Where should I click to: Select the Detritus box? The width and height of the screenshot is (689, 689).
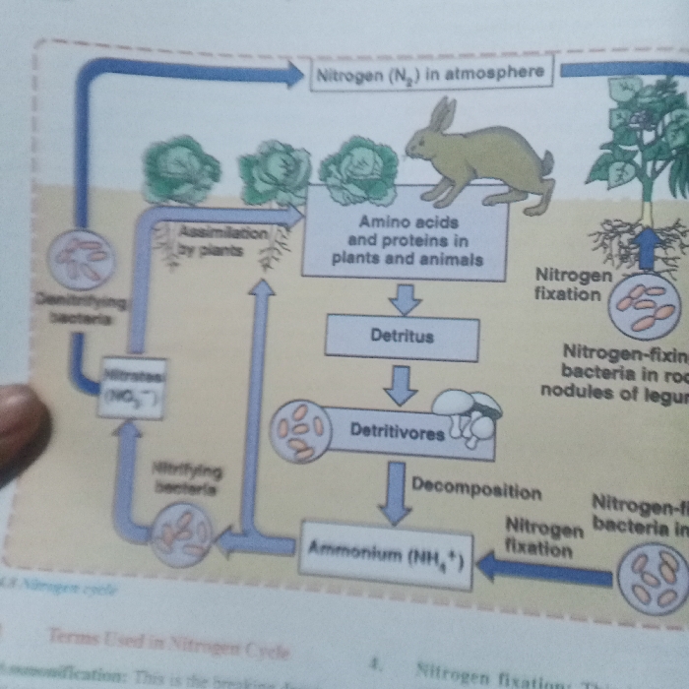[x=402, y=337]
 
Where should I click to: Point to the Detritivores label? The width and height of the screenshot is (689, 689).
[x=398, y=432]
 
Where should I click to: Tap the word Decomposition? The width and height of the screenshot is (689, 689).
[x=476, y=491]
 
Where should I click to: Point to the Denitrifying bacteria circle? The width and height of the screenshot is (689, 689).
[x=82, y=259]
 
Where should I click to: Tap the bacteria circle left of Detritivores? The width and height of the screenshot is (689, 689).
[x=300, y=429]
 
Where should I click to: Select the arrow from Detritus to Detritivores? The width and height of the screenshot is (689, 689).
[x=400, y=385]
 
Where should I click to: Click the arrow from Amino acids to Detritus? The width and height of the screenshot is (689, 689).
[x=404, y=298]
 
